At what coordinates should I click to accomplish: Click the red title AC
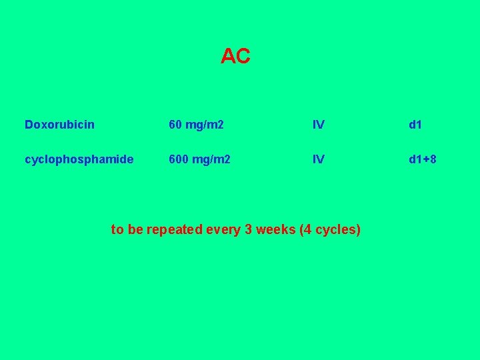pos(235,57)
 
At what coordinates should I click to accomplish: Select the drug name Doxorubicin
pos(59,125)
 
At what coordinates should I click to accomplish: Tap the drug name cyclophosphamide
pos(79,160)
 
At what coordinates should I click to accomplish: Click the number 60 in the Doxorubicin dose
pos(175,125)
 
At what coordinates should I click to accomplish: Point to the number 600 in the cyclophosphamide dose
pos(179,160)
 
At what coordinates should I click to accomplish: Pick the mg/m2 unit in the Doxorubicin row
pos(205,125)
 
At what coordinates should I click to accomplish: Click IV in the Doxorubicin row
pos(319,125)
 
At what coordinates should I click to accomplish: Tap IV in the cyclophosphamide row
pos(319,160)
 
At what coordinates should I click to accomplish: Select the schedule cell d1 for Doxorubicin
pos(415,125)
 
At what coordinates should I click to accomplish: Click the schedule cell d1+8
pos(423,160)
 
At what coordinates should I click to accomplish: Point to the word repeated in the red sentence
pos(175,230)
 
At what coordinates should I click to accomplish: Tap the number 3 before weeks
pos(249,230)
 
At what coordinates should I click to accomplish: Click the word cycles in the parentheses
pos(336,231)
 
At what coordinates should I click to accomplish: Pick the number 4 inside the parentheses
pos(307,230)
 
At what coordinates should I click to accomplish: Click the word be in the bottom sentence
pos(135,230)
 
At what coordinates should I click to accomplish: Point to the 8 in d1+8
pos(433,160)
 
